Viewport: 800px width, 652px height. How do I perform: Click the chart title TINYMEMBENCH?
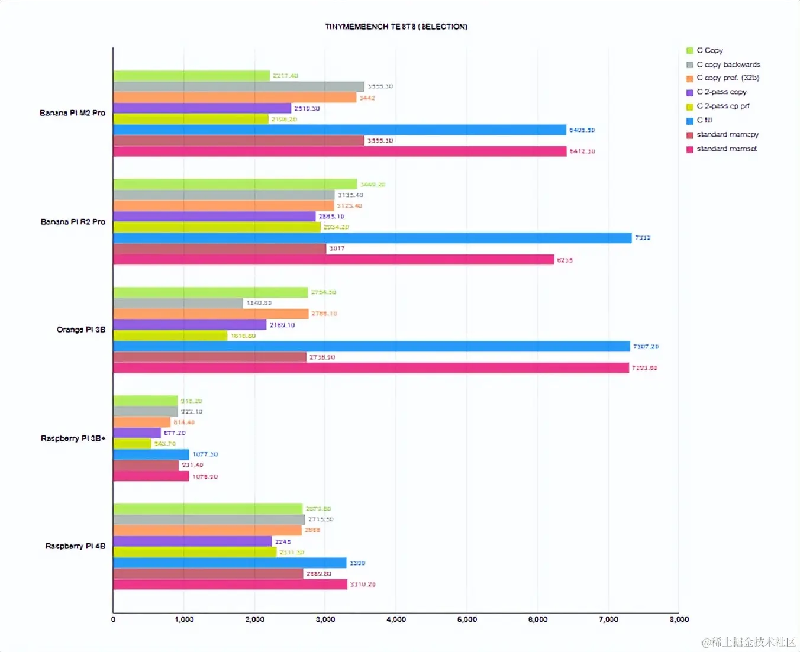click(396, 27)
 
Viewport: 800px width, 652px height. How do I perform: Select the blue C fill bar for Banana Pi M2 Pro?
click(340, 130)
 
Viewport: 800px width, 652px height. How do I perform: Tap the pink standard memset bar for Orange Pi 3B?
click(371, 368)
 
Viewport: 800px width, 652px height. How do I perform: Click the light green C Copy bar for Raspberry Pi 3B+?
click(146, 401)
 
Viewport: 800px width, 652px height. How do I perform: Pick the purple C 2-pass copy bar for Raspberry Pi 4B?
click(192, 541)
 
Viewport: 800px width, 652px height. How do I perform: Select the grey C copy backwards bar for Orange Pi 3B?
click(178, 303)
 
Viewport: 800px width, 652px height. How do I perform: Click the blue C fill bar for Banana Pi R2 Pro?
click(372, 238)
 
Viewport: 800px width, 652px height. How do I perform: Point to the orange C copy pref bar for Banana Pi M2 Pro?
click(235, 98)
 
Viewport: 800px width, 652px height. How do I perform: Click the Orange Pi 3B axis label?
click(81, 330)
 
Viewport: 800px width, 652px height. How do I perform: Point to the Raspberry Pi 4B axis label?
click(75, 546)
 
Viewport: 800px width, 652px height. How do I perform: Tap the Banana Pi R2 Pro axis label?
click(73, 222)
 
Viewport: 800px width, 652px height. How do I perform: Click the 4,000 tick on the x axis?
click(396, 619)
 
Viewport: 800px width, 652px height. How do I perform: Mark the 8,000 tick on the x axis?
click(679, 619)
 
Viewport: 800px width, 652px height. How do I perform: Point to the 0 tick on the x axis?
click(113, 619)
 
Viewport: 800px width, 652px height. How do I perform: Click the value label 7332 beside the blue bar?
click(643, 238)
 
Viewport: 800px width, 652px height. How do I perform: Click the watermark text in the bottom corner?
click(749, 642)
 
